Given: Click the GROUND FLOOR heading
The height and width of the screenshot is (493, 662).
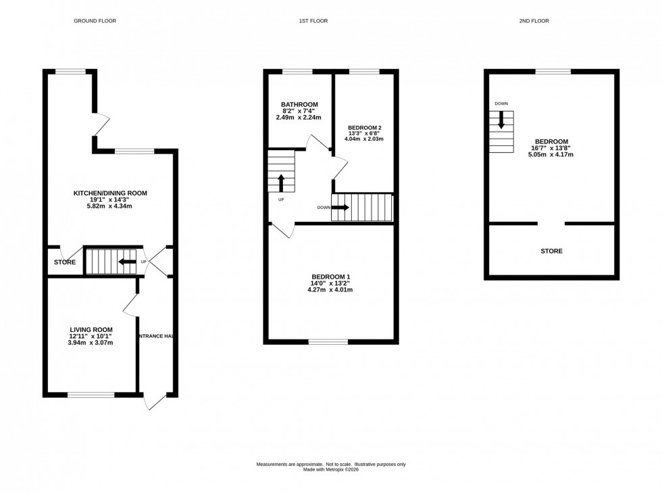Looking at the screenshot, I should (x=95, y=21).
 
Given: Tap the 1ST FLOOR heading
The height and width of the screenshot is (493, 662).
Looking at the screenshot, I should (x=313, y=21).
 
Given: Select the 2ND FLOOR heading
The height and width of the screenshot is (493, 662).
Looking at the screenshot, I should (x=534, y=21).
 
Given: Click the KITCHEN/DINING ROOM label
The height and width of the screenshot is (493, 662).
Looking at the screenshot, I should (x=110, y=193).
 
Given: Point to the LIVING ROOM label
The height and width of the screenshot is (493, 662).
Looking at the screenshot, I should (x=91, y=329).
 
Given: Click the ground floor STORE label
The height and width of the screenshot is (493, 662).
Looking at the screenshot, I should (x=65, y=262).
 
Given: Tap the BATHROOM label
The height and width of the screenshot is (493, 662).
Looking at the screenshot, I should (x=299, y=104).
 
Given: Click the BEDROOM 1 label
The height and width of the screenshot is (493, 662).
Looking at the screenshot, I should (x=330, y=277).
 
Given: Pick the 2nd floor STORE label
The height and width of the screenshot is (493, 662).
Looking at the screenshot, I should (x=551, y=251).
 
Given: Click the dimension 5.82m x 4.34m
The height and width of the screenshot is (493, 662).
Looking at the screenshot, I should (x=110, y=206).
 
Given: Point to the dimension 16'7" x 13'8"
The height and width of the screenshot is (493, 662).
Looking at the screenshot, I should (x=551, y=147).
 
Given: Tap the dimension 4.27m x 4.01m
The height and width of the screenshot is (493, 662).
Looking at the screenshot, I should (x=330, y=289).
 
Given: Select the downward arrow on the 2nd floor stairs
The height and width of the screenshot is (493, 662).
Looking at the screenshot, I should (x=501, y=120).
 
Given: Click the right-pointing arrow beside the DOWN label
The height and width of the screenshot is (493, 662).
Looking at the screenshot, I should (x=341, y=208).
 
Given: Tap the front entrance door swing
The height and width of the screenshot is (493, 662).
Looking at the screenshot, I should (x=155, y=402).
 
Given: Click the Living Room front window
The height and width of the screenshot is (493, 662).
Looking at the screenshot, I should (x=91, y=394).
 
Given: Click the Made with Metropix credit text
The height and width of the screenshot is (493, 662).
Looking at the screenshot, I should (x=330, y=469).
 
